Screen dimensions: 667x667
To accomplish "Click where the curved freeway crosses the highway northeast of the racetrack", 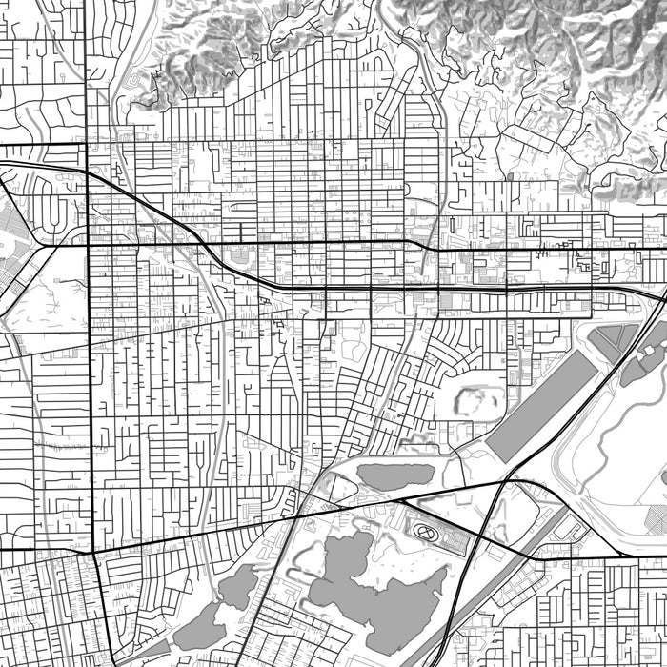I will [x=502, y=482].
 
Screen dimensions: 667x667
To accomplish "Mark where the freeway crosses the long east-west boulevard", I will [x=206, y=244].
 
